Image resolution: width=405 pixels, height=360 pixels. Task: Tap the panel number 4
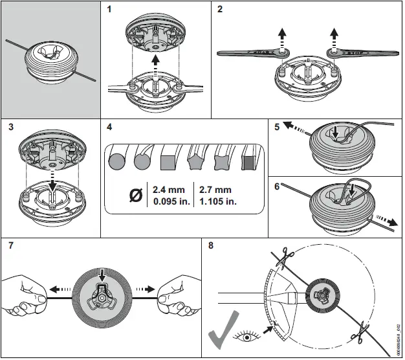tap(109, 126)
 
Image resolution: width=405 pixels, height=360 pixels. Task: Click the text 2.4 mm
tap(168, 190)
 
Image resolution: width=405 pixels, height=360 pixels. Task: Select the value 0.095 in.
tap(168, 201)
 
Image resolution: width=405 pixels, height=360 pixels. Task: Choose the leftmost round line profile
tap(118, 159)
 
